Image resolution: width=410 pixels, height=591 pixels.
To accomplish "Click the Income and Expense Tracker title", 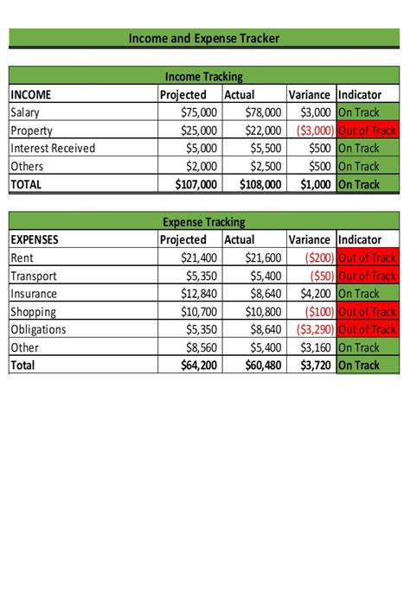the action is pos(204,38).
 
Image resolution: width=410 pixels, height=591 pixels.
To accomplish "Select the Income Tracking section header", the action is pos(204,77).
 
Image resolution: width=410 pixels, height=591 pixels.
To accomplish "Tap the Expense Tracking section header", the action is pos(204,222).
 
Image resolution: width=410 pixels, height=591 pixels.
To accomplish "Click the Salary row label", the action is pos(25,112).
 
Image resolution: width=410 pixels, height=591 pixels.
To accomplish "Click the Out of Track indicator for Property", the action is pos(367,130).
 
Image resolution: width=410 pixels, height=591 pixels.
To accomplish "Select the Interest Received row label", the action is pos(53,148).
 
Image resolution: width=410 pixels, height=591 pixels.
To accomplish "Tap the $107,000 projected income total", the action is pos(189,184).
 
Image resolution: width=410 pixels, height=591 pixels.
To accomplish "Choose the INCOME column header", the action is pos(31,95).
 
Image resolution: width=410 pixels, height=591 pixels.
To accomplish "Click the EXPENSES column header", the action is pos(35,239).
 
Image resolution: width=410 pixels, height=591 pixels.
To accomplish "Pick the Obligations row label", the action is pos(39,329).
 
